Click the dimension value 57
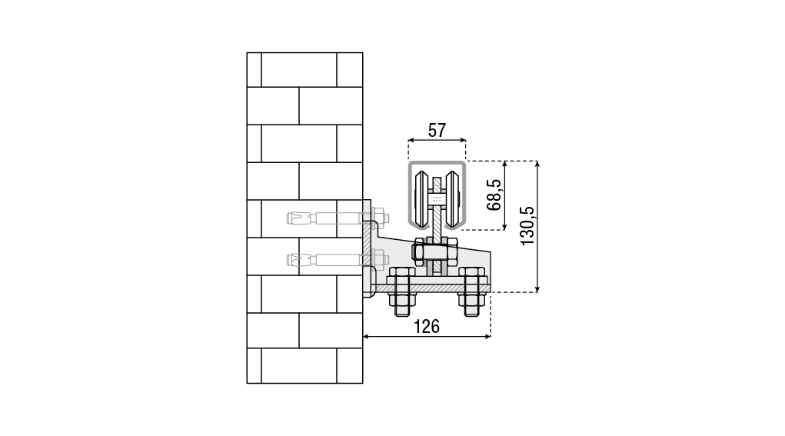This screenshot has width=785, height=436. (x=437, y=130)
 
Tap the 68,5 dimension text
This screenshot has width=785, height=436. (x=494, y=195)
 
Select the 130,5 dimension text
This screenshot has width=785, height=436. (x=527, y=226)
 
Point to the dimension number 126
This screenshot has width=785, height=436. (x=427, y=326)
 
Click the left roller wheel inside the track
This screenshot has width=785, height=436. (x=421, y=200)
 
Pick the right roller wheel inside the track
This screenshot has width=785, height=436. (x=452, y=200)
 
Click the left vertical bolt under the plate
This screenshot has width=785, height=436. (x=401, y=292)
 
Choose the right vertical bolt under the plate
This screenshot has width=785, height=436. (x=472, y=292)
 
